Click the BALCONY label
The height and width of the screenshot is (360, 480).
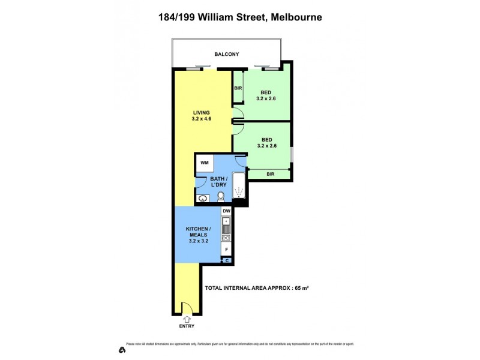tap(227, 55)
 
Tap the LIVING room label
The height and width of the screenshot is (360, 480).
tap(202, 112)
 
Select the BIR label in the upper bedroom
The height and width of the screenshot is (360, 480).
tap(238, 88)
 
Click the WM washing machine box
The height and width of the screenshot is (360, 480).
tap(204, 163)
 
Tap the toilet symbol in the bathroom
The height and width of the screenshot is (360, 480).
tap(221, 197)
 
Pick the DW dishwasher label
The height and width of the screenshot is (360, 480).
tap(227, 212)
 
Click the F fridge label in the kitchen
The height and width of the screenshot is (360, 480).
tap(227, 249)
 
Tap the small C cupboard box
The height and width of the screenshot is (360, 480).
tap(227, 260)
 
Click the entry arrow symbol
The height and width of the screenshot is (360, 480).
tap(186, 319)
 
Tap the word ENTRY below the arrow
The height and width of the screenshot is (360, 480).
tap(186, 328)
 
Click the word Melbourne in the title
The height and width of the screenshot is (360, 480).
tap(296, 17)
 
